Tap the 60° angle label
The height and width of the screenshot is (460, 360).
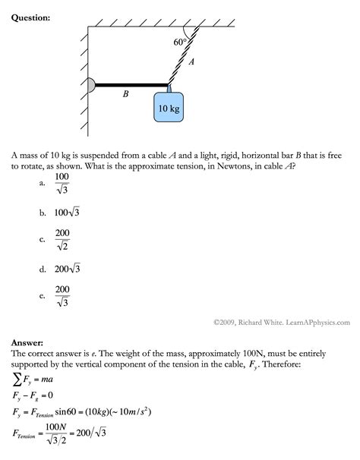coord(180,44)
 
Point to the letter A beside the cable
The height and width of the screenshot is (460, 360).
coord(191,64)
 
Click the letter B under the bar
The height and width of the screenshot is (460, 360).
coord(126,94)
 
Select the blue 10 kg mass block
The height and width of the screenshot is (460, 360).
coord(169,109)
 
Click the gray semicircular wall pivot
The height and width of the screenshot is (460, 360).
coord(92,85)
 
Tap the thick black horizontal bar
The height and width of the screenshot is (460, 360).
coord(131,85)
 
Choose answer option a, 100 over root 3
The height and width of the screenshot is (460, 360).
coord(62,183)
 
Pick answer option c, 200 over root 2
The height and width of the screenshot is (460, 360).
coord(62,240)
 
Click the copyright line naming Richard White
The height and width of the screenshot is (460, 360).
coord(281,322)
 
